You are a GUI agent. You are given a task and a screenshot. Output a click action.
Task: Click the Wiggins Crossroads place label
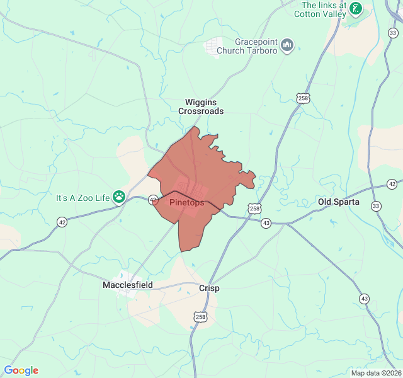pyautogui.click(x=200, y=106)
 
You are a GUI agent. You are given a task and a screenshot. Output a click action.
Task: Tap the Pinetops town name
pyautogui.click(x=187, y=203)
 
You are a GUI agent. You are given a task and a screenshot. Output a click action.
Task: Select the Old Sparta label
pyautogui.click(x=339, y=202)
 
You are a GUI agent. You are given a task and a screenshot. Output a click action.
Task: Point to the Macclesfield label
pyautogui.click(x=128, y=285)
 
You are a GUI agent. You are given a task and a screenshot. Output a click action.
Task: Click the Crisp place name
pyautogui.click(x=209, y=287)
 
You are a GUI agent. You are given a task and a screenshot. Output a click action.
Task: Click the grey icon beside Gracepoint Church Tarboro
pyautogui.click(x=288, y=44)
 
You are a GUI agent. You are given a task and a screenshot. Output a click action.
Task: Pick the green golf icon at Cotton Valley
pyautogui.click(x=356, y=8)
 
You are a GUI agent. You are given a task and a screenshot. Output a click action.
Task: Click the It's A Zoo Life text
pyautogui.click(x=83, y=198)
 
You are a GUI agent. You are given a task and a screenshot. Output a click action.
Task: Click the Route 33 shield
pyautogui.click(x=376, y=206)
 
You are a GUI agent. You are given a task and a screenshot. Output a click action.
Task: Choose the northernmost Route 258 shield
pyautogui.click(x=304, y=99)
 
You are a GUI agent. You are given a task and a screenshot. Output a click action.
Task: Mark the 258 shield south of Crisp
pyautogui.click(x=200, y=316)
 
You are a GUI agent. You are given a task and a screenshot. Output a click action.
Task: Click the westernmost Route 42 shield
pyautogui.click(x=62, y=222)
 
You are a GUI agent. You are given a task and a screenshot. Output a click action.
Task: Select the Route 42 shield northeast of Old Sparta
pyautogui.click(x=392, y=183)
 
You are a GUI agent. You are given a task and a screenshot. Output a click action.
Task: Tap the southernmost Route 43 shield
pyautogui.click(x=365, y=298)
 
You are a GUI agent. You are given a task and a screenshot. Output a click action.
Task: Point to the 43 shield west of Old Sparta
pyautogui.click(x=266, y=223)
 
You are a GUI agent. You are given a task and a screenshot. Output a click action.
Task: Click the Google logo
pyautogui.click(x=21, y=370)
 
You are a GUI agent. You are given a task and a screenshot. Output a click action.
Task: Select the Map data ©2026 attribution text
pyautogui.click(x=375, y=373)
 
